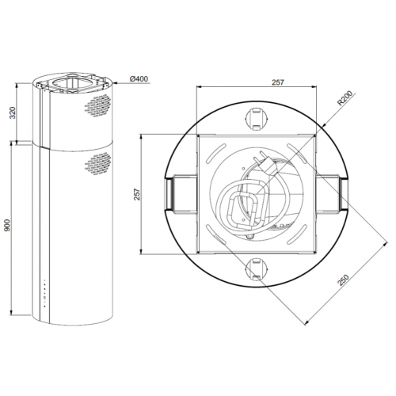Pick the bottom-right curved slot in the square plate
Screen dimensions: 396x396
298,236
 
